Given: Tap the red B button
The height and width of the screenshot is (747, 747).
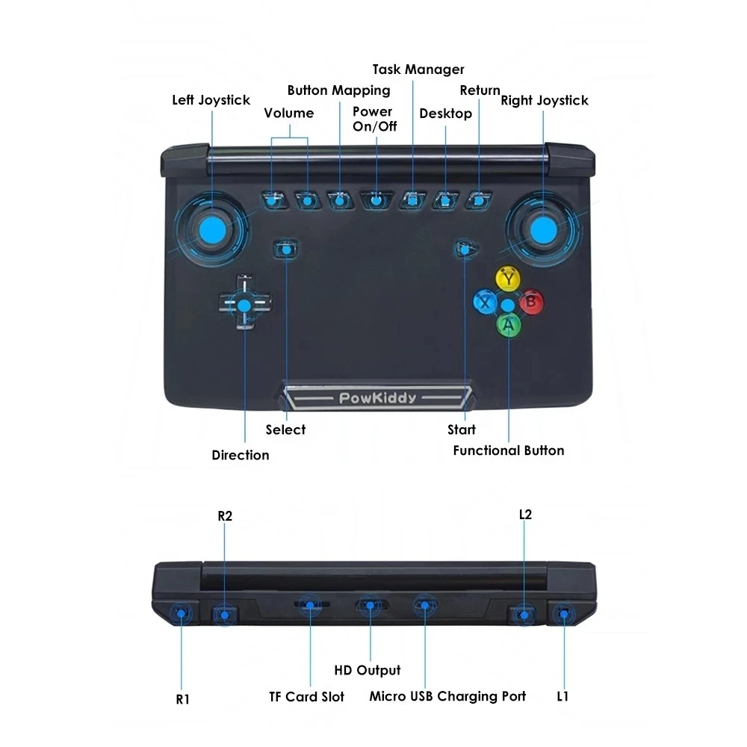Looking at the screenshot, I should click(x=531, y=303).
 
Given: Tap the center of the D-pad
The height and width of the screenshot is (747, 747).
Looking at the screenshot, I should click(x=244, y=304).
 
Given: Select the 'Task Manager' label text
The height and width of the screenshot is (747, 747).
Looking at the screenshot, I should click(x=418, y=69).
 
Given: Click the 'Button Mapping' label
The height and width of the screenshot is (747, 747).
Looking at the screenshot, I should click(x=338, y=90).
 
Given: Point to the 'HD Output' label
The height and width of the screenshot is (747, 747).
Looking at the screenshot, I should click(x=367, y=670).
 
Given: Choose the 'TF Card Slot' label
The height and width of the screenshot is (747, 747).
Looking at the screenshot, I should click(x=306, y=696).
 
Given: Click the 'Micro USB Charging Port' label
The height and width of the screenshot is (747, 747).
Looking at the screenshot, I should click(x=447, y=696).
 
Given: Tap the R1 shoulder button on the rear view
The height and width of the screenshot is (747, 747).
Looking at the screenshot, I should click(x=181, y=614).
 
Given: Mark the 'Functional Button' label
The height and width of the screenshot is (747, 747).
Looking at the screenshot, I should click(x=509, y=450).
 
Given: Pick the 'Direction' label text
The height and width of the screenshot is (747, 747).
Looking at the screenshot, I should click(x=240, y=455).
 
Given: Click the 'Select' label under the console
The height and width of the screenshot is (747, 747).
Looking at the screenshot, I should click(x=285, y=430).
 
